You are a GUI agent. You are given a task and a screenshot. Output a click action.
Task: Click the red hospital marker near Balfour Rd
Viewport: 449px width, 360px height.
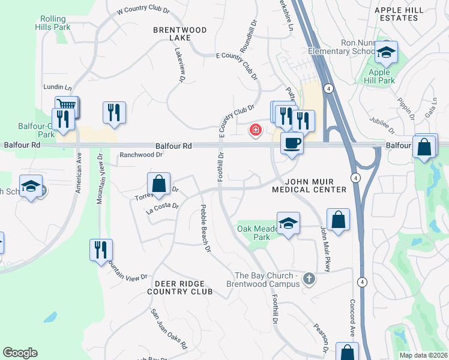pyautogui.click(x=256, y=130)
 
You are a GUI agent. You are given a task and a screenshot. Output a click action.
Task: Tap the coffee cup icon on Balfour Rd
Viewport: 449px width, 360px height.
pyautogui.click(x=292, y=143)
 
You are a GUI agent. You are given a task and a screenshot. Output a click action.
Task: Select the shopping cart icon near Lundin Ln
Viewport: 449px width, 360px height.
pyautogui.click(x=67, y=107)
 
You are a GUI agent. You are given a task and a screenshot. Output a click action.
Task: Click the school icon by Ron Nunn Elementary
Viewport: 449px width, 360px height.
pyautogui.click(x=387, y=53)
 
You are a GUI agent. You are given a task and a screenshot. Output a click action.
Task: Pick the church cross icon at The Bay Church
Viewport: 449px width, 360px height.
pyautogui.click(x=309, y=278)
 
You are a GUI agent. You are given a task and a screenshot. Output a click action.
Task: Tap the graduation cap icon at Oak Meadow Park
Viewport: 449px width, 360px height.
pyautogui.click(x=289, y=224)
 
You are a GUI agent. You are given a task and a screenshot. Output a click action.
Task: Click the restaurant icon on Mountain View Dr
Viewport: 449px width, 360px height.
pyautogui.click(x=101, y=250)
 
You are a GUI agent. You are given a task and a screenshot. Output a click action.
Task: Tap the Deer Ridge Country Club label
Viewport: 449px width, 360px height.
pyautogui.click(x=180, y=287)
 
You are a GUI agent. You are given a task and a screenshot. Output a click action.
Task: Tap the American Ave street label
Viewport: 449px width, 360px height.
pyautogui.click(x=79, y=173)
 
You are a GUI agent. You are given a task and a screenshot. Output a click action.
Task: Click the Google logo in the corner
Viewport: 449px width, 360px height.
pyautogui.click(x=20, y=353)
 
